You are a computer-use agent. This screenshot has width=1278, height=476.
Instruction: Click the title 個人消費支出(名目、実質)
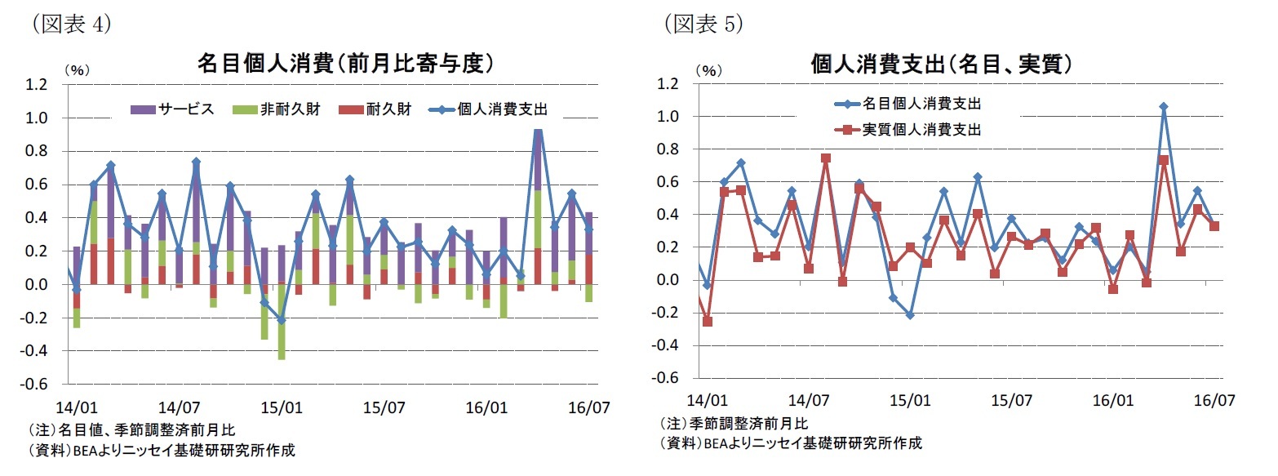coord(941,63)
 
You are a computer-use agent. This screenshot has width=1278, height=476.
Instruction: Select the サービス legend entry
coord(174,109)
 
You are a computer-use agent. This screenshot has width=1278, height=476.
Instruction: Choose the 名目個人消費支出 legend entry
coord(907,104)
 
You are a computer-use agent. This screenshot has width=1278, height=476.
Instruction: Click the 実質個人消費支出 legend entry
coord(907,129)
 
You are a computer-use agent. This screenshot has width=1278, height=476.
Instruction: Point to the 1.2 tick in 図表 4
coord(37,84)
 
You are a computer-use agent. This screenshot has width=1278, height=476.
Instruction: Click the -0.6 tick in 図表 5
coord(664,379)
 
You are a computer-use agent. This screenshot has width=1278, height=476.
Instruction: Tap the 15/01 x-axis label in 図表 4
coord(282,406)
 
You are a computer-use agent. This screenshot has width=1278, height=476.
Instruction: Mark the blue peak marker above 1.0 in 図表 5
coord(1164,107)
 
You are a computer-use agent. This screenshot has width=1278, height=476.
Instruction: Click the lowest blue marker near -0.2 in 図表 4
coord(282,320)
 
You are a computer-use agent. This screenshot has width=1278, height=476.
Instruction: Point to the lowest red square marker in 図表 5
coord(707,322)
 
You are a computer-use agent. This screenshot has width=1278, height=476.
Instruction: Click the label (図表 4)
coord(71,23)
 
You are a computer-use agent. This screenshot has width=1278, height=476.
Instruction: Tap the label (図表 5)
coord(703,23)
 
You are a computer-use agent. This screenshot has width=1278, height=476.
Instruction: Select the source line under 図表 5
coord(790,443)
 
